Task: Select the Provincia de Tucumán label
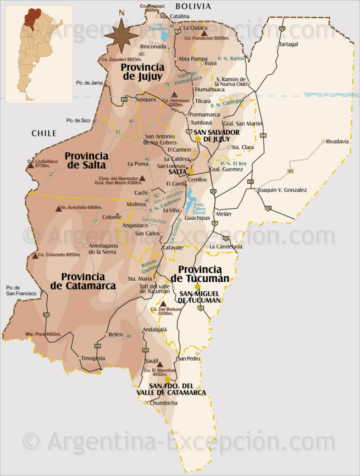pyautogui.click(x=201, y=274)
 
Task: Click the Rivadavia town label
pyautogui.click(x=337, y=141)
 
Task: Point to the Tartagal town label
pyautogui.click(x=289, y=43)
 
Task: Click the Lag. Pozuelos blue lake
pyautogui.click(x=164, y=37)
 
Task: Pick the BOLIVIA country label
pyautogui.click(x=193, y=6)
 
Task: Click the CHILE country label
pyautogui.click(x=44, y=133)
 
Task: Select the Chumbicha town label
pyautogui.click(x=164, y=403)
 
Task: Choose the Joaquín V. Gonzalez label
pyautogui.click(x=282, y=190)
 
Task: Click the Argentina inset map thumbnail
pyautogui.click(x=38, y=54)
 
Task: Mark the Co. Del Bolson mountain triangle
pyautogui.click(x=163, y=303)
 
